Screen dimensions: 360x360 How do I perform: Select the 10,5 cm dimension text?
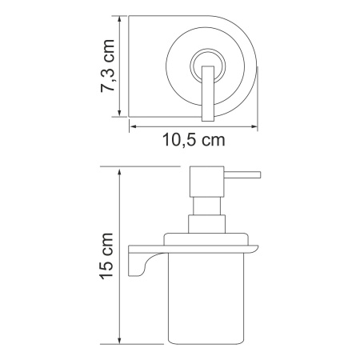click(188, 140)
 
